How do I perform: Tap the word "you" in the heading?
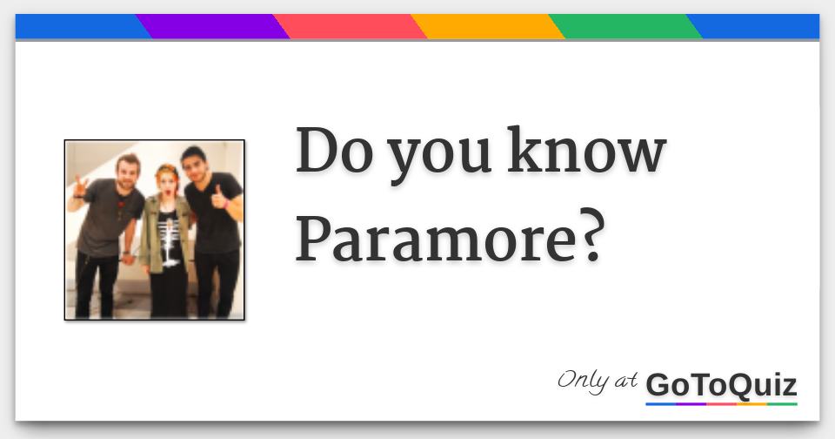(438, 158)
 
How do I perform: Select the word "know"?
(586, 150)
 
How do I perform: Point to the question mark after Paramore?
(591, 235)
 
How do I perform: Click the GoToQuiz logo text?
(722, 385)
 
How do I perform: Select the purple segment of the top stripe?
(213, 26)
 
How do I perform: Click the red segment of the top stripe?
(351, 26)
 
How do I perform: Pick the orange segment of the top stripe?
(488, 26)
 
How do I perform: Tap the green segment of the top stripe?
(625, 26)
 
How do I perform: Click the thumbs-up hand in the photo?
(220, 198)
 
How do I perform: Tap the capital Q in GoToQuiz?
(741, 386)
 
